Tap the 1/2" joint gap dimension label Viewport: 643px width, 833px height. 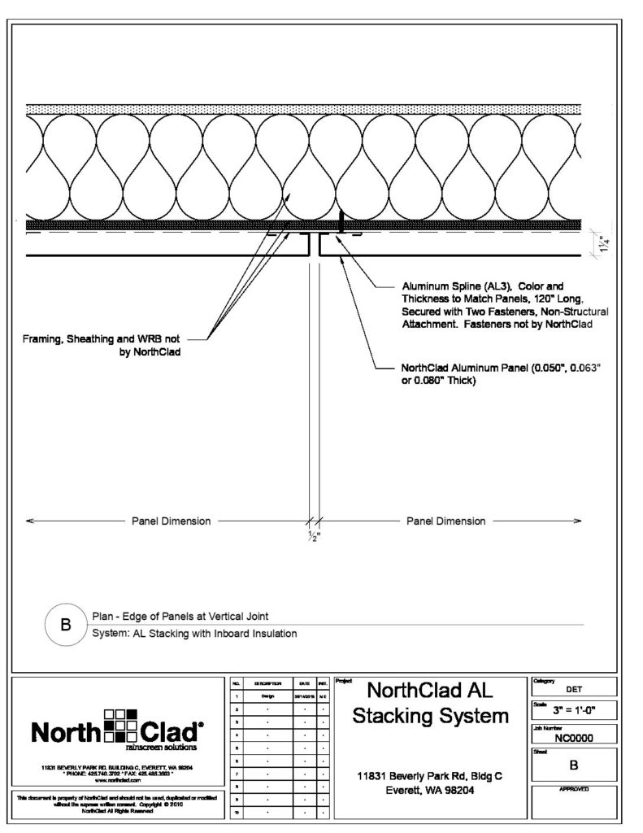pos(313,536)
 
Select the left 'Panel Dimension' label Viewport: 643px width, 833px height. pos(172,521)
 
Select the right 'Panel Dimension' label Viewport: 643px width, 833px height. pos(445,521)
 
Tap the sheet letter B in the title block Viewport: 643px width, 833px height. pos(573,765)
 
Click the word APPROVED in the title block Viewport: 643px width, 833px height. pos(573,789)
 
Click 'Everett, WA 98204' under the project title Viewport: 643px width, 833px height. pos(432,790)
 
